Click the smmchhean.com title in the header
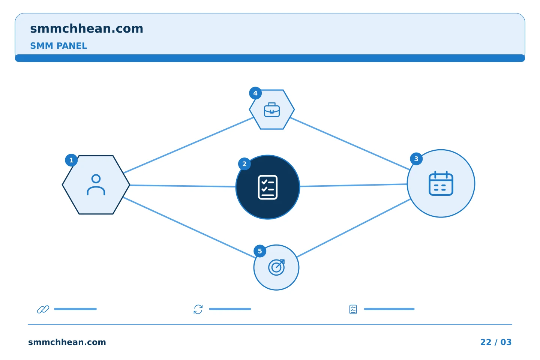87,29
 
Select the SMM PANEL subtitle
58,46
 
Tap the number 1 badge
71,160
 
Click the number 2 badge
244,164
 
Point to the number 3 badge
416,159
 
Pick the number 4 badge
255,93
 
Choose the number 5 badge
260,251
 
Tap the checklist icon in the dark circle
268,187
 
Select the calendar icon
441,183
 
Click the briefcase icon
271,110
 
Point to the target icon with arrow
276,267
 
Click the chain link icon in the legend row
43,309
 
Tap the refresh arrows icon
198,309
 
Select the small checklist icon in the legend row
353,309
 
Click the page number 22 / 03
496,342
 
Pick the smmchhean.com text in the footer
67,342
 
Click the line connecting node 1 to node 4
188,145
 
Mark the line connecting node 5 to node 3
353,228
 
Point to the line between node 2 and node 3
353,185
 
